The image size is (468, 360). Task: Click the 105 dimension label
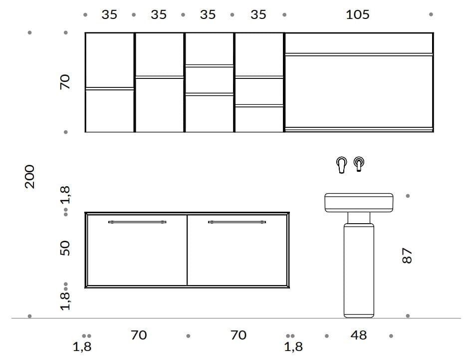coord(358,14)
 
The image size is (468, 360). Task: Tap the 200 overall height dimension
coord(30,177)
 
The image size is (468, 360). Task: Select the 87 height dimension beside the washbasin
coord(407,256)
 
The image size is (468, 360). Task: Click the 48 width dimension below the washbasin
coord(358,335)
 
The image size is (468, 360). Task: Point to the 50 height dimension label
coord(65,248)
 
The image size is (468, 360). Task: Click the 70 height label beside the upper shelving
coord(65,82)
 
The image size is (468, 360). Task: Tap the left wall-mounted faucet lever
coord(341,165)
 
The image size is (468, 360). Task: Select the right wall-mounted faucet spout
coord(359,164)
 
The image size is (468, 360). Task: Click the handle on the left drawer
coord(137,222)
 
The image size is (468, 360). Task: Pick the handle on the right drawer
coord(237,222)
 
